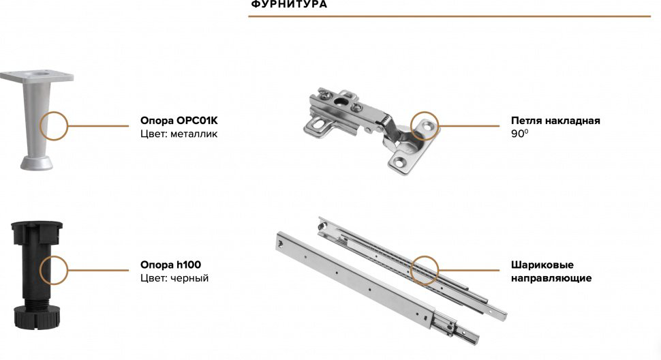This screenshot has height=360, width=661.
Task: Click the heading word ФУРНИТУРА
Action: (289, 4)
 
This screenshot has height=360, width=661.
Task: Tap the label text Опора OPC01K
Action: (179, 121)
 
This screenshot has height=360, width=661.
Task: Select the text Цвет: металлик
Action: (179, 134)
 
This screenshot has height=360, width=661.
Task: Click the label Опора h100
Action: (171, 265)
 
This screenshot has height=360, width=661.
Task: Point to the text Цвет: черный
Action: (174, 278)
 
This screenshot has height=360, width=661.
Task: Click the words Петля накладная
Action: (555, 121)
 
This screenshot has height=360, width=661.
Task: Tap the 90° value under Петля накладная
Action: (520, 134)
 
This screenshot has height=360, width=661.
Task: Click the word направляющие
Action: (551, 278)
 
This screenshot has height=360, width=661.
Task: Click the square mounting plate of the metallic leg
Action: (37, 76)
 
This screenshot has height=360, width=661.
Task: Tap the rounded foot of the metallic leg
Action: (37, 163)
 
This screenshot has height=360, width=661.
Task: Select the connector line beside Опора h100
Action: (98, 270)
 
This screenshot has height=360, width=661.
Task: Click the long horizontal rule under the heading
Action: (449, 16)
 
